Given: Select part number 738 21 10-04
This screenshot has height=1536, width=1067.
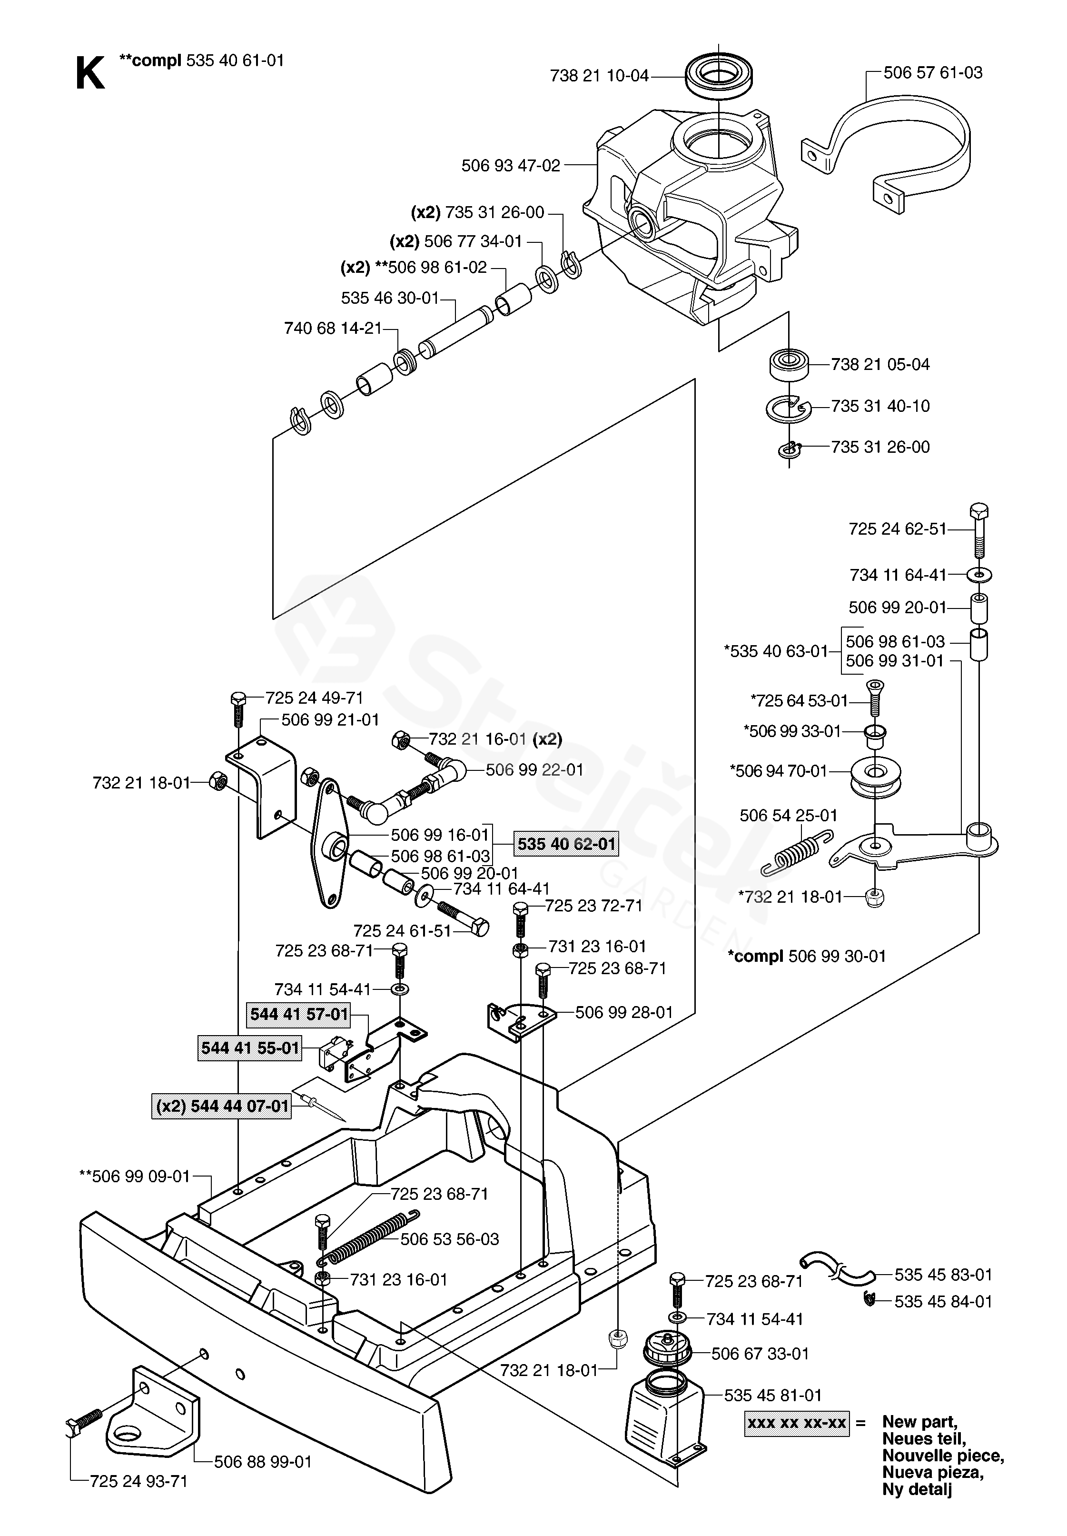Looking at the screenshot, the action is click(599, 76).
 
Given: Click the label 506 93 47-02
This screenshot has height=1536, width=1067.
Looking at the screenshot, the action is click(511, 165).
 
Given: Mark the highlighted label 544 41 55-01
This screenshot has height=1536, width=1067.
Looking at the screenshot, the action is click(250, 1048).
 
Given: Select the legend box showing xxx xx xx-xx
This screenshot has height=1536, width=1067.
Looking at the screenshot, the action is click(797, 1422).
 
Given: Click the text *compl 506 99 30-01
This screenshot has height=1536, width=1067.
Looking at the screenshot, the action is click(806, 956).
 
